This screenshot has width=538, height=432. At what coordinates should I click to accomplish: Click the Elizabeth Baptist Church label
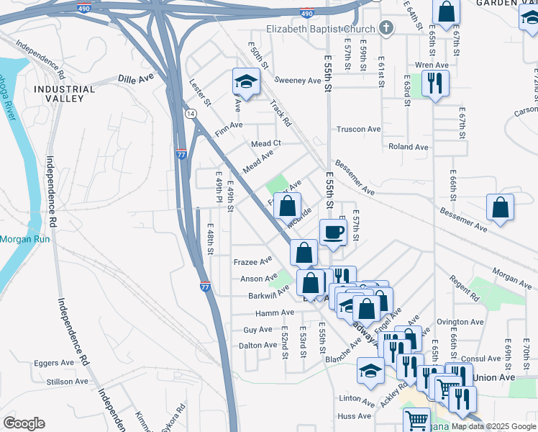[321, 29]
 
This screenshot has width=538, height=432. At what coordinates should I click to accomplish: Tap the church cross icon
[386, 29]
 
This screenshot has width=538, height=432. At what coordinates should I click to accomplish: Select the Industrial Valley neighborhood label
[64, 95]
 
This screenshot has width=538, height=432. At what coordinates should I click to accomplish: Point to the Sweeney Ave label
[298, 81]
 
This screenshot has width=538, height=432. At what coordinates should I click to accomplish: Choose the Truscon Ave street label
[359, 130]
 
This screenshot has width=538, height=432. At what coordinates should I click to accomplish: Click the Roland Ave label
[408, 147]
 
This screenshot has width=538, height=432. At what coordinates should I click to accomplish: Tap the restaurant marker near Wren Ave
[435, 82]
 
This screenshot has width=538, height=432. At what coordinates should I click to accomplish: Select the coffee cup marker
[332, 233]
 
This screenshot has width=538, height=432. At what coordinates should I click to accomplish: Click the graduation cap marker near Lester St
[246, 82]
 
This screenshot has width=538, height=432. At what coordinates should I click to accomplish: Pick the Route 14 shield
[190, 114]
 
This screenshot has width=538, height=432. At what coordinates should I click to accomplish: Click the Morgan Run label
[24, 239]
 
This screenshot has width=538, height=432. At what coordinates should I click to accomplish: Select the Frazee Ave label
[252, 261]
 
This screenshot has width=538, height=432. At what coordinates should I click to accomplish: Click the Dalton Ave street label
[257, 346]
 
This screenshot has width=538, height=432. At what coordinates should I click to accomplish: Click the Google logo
[24, 423]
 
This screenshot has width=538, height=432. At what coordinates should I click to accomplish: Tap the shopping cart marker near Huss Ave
[416, 420]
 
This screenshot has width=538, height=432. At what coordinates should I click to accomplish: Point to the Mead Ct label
[265, 144]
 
